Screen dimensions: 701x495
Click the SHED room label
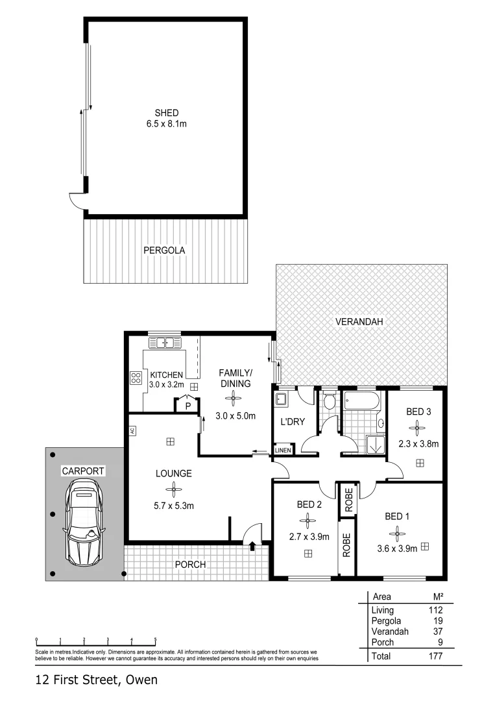click(x=166, y=113)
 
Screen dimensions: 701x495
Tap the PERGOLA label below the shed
click(x=165, y=250)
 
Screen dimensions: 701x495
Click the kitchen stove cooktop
click(x=136, y=378)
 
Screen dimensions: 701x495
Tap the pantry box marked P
click(x=187, y=406)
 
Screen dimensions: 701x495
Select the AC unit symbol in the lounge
click(x=132, y=430)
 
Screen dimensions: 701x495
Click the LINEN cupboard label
click(x=283, y=450)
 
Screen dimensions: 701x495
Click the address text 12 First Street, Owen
click(x=96, y=680)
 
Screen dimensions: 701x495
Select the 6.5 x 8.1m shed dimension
click(x=166, y=124)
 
